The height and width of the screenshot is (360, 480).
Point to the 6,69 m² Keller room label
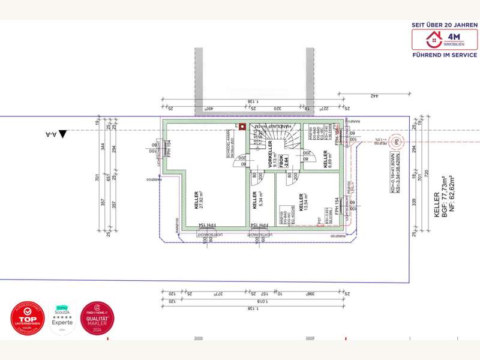[x=328, y=159]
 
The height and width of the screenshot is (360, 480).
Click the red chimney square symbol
[x=242, y=127]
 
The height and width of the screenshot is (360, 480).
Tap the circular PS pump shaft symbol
[x=395, y=142]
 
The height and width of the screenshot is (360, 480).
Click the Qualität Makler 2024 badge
[x=98, y=319]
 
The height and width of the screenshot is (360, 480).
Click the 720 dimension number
[x=427, y=179]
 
